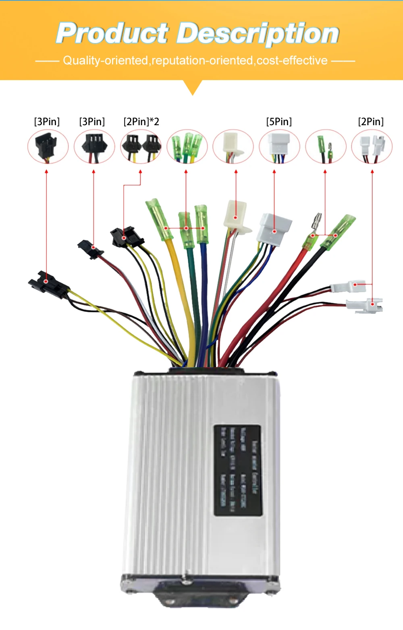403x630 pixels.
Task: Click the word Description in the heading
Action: click(258, 34)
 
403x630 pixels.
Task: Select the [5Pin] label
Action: click(279, 122)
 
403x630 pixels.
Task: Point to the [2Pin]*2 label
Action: click(141, 122)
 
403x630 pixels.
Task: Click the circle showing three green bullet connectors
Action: click(187, 147)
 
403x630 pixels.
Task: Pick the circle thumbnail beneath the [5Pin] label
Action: click(279, 147)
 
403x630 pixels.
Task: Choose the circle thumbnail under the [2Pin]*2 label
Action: click(141, 147)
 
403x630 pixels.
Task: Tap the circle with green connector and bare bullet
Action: click(326, 147)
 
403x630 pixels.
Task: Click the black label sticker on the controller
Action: click(238, 470)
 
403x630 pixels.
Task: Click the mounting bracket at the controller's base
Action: click(200, 594)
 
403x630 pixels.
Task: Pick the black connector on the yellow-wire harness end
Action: click(48, 284)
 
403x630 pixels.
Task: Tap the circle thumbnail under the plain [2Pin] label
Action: click(372, 147)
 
